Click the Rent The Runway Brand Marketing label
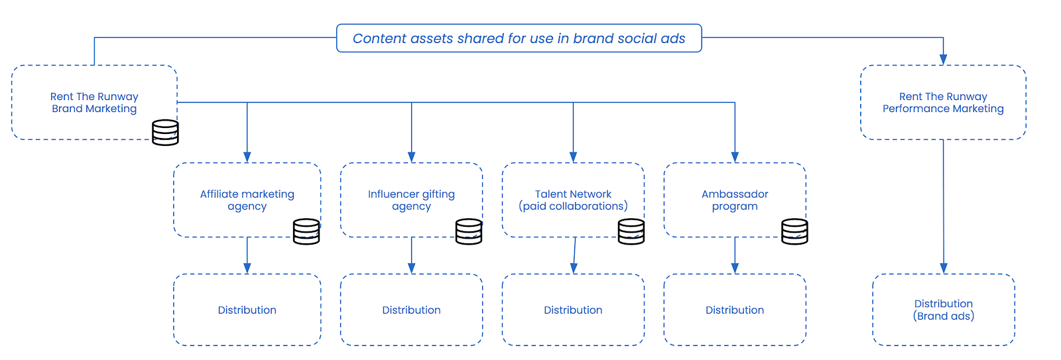tap(94, 102)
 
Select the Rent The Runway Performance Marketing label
tap(943, 102)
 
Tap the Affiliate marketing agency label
tap(247, 200)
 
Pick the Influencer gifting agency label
tap(411, 200)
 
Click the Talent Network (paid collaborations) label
tap(573, 200)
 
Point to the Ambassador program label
tap(735, 200)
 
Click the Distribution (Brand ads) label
tap(944, 310)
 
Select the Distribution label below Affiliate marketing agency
tap(247, 310)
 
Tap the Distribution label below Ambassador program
tap(735, 310)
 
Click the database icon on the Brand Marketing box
tap(165, 133)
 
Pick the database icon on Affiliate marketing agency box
tap(306, 231)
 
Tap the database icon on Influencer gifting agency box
tap(469, 231)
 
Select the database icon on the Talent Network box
tap(631, 231)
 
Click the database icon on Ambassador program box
tap(794, 231)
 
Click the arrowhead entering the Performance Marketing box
tap(943, 60)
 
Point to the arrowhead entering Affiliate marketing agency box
tap(247, 157)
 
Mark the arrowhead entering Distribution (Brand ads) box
tap(944, 269)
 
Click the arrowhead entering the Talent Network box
tap(573, 157)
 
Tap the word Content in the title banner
tap(379, 38)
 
